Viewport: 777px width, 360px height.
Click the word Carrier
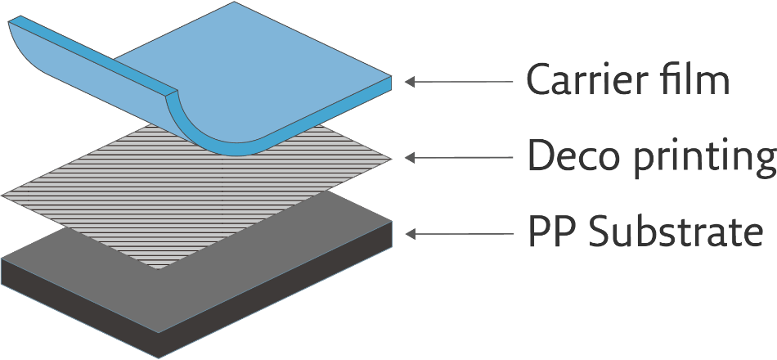(x=582, y=80)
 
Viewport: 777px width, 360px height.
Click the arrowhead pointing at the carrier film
(x=411, y=81)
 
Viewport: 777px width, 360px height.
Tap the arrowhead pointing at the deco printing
(x=411, y=156)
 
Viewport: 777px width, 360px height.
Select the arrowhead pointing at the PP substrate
(x=411, y=234)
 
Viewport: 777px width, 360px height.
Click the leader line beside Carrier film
(x=466, y=81)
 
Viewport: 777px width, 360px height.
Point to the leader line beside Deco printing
(x=466, y=156)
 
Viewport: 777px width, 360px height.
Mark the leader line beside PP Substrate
(x=466, y=234)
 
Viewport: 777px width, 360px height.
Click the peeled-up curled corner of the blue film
(x=49, y=49)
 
